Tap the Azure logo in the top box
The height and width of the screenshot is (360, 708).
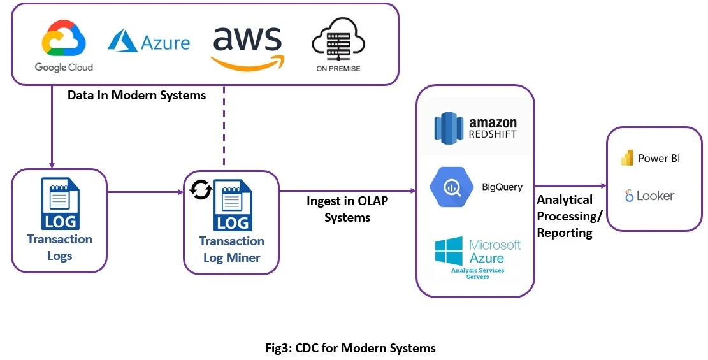click(148, 42)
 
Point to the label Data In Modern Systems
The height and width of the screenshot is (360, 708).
click(137, 96)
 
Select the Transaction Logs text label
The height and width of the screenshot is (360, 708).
click(59, 248)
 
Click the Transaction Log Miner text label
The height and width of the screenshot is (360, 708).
click(231, 249)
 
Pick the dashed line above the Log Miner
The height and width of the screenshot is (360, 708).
click(224, 127)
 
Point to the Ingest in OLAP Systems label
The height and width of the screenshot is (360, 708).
click(347, 209)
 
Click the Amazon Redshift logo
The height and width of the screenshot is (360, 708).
click(475, 126)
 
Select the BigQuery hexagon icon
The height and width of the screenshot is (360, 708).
click(451, 187)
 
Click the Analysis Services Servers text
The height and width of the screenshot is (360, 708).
click(477, 273)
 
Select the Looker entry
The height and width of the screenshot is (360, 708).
click(649, 196)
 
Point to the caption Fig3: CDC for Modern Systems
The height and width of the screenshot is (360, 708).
click(350, 349)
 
